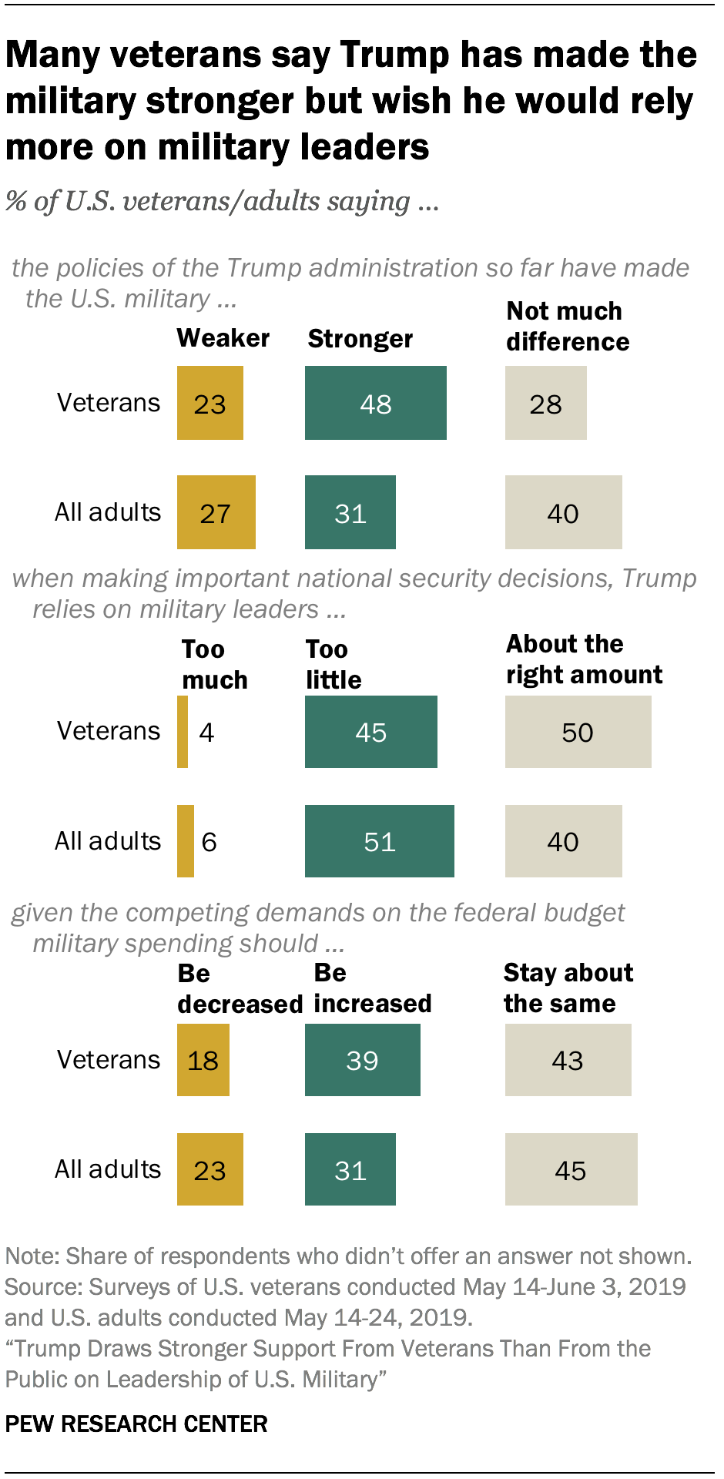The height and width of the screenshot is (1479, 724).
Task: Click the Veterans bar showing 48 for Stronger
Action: click(x=375, y=403)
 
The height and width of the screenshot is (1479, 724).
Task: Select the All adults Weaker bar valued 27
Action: click(x=216, y=512)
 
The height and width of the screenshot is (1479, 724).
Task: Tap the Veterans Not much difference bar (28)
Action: click(x=545, y=403)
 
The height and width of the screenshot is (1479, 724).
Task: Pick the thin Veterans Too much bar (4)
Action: click(x=183, y=732)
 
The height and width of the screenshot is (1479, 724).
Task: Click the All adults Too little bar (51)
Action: click(x=379, y=841)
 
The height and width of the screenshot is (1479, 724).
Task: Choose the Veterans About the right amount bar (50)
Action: click(x=578, y=732)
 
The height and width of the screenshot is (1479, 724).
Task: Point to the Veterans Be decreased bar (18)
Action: click(x=203, y=1060)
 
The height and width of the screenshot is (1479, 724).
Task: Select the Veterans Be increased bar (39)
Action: click(x=362, y=1060)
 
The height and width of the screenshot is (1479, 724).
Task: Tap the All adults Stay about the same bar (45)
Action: click(x=571, y=1169)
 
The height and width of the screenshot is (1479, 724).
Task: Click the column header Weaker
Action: click(x=223, y=338)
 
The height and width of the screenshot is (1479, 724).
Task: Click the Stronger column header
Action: click(x=360, y=339)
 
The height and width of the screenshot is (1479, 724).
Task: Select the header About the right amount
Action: click(x=583, y=659)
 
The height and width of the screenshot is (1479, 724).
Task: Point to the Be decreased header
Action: click(x=239, y=989)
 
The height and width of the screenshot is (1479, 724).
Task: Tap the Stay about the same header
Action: click(x=568, y=988)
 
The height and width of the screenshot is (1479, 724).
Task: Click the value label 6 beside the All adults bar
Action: click(x=209, y=842)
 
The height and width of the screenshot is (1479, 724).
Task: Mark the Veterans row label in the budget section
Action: click(x=109, y=1060)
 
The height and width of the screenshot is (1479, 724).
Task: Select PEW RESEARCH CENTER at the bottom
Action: click(x=136, y=1424)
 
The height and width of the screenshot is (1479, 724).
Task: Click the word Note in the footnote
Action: click(x=31, y=1256)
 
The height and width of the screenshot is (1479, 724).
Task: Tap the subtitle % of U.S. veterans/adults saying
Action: click(x=222, y=202)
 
